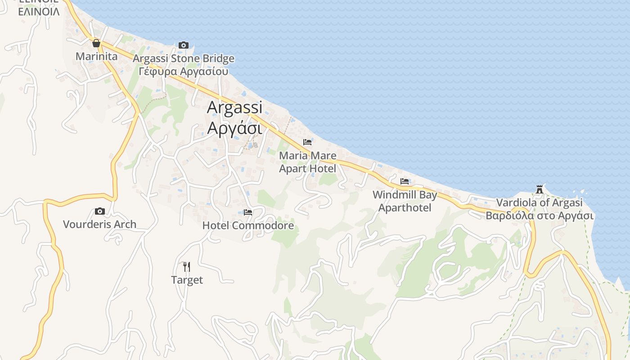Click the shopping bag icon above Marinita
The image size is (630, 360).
[x=96, y=43]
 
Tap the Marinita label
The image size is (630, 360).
[x=96, y=56]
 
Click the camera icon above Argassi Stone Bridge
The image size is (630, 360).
[x=183, y=45]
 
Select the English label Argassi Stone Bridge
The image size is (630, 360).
[x=184, y=58]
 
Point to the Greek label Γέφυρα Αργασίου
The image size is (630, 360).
[x=184, y=71]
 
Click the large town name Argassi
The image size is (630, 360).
[x=234, y=108]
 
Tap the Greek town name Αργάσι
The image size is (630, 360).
[x=234, y=128]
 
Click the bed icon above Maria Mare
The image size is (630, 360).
[x=307, y=142]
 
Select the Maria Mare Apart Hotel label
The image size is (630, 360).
[x=308, y=162]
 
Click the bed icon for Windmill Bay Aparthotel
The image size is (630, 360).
[x=405, y=181]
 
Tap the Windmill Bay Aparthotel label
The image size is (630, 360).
[x=405, y=201]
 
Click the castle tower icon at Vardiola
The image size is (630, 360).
[x=540, y=189]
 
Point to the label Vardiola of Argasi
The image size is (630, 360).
[x=540, y=203]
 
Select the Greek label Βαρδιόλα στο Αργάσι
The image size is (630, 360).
[x=540, y=216]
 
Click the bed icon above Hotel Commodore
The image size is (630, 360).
[x=248, y=212]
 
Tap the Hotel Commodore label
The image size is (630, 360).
[x=248, y=225]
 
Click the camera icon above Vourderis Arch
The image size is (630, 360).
[x=100, y=211]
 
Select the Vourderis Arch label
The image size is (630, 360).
[x=99, y=224]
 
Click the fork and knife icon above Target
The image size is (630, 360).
[x=187, y=267]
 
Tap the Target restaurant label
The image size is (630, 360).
[x=187, y=280]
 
